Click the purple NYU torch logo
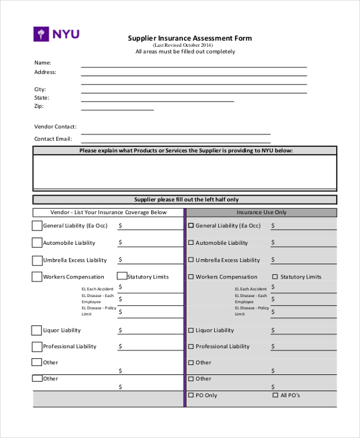(40, 34)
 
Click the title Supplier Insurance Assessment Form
(190, 38)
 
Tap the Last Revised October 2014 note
(182, 45)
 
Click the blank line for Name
(194, 66)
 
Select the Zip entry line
(118, 109)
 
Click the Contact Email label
(53, 139)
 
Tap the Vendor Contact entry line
(175, 133)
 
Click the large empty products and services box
(185, 173)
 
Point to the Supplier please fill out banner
(185, 200)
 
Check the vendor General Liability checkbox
(37, 226)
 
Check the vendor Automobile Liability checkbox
(37, 243)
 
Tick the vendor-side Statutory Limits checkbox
(122, 277)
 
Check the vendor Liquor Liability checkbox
(37, 330)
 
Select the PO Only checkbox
(191, 395)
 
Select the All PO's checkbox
(275, 395)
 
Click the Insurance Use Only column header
(262, 212)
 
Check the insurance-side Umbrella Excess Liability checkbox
(191, 260)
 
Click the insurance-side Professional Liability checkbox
(191, 346)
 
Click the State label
(41, 97)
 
